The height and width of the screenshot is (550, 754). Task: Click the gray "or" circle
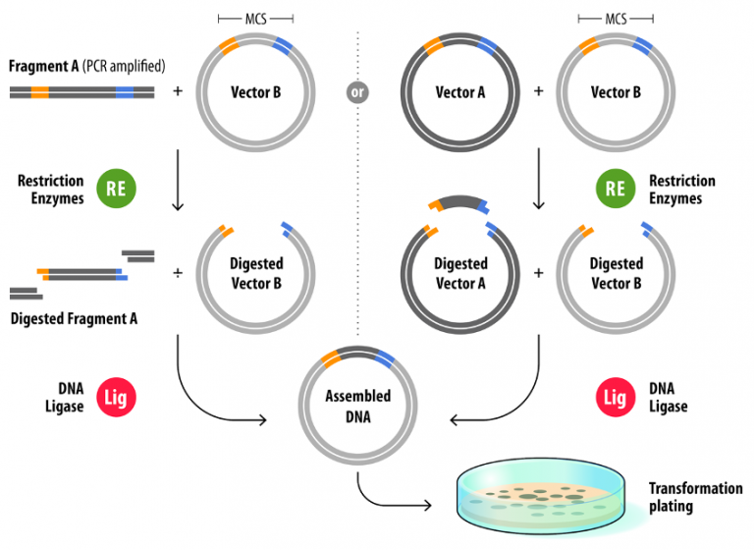[x=358, y=92]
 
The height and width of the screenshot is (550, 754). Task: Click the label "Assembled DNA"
[x=358, y=405]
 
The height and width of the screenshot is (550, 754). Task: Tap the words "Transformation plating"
[x=695, y=497]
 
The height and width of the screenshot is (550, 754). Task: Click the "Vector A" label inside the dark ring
[x=460, y=92]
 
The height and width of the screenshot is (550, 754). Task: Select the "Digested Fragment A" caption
[x=74, y=318]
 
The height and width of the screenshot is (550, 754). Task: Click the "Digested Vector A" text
[x=460, y=272]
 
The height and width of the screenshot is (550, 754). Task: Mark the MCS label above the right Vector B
[x=616, y=19]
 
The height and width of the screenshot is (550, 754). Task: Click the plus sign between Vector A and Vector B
[x=538, y=92]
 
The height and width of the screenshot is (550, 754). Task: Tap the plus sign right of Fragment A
[x=178, y=92]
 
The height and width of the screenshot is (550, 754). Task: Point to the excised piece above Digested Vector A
[x=460, y=203]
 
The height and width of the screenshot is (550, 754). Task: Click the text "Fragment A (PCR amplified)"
[x=86, y=67]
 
